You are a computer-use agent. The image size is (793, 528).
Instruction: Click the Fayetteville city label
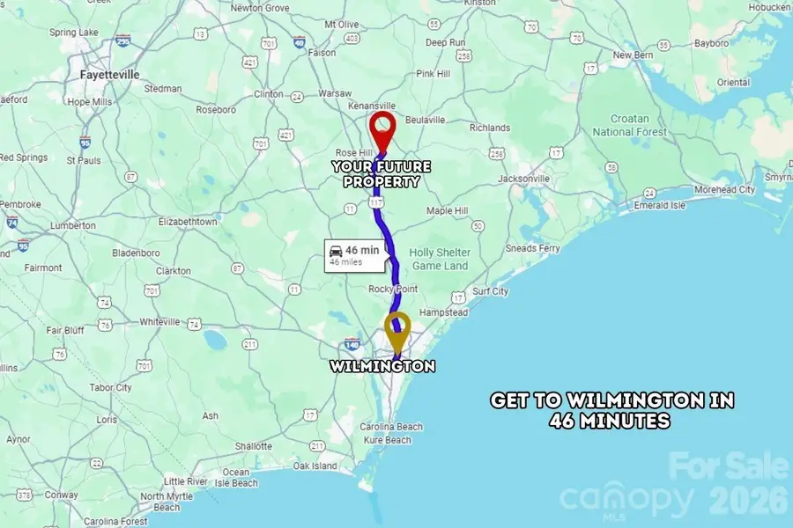(109, 75)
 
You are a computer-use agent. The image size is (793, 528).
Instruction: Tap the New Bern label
(634, 55)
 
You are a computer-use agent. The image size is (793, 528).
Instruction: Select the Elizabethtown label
(187, 223)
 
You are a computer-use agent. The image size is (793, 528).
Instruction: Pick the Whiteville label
(160, 322)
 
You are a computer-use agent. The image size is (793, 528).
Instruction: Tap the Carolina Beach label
(390, 427)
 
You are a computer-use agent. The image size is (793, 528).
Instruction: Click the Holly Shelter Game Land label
(441, 259)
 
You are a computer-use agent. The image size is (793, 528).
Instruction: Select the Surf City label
(491, 291)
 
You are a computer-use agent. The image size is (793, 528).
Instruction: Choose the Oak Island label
(315, 466)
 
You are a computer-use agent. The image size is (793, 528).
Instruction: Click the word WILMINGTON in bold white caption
(383, 366)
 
